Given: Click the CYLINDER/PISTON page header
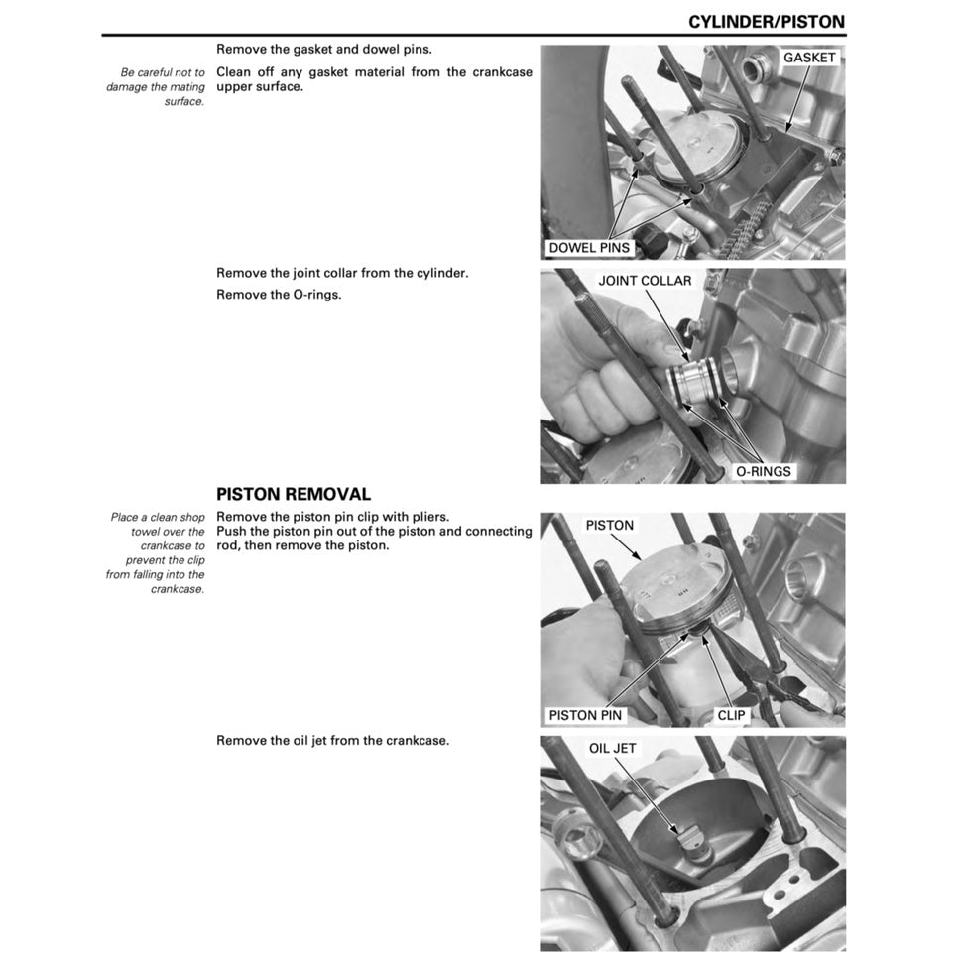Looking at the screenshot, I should point(767,21).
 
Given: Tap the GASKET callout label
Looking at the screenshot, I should point(809,58).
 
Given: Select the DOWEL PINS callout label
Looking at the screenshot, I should point(589,247).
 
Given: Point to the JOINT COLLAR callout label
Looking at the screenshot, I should point(645,281).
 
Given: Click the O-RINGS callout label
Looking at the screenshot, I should point(763,471).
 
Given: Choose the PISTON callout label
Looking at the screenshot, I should point(609,525).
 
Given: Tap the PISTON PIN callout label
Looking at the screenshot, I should point(586,714).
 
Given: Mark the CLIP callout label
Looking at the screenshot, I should point(731,714).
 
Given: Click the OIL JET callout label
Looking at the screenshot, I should point(612,748).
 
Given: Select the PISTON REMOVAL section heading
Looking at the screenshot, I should point(294,494).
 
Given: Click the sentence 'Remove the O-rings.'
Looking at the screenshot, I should point(279,295).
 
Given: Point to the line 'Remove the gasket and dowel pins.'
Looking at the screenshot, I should point(323,49).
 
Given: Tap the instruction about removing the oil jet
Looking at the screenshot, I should point(332,741).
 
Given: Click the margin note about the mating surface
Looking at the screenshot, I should point(156,87).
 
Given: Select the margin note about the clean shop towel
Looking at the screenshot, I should point(156,552).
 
